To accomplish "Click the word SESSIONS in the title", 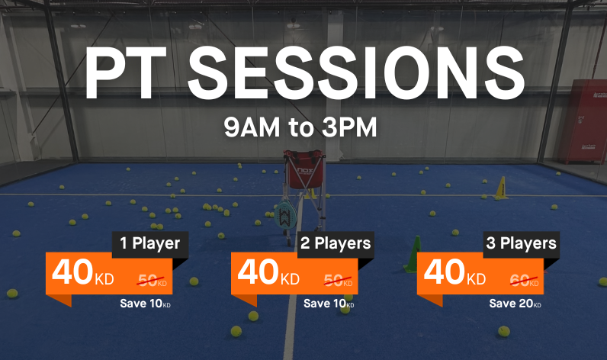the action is [356, 72].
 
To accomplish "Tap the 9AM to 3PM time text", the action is [300, 127].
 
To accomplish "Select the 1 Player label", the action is [150, 243].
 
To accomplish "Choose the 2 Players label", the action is [336, 243].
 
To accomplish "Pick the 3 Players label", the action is [521, 243].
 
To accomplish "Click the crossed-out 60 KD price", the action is [524, 280].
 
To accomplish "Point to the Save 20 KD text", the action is [515, 304].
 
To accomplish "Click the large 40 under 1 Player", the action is [72, 272].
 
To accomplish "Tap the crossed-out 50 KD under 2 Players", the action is [338, 280].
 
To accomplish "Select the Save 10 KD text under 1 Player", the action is [145, 304].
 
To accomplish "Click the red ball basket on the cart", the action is [304, 169].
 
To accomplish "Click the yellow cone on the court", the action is [502, 188].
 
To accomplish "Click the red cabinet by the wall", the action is [583, 121].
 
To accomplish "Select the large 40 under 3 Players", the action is [445, 272].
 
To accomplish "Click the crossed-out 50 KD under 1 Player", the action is [153, 280].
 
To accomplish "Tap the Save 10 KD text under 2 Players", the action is [329, 304].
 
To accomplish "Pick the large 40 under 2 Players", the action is [259, 272].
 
